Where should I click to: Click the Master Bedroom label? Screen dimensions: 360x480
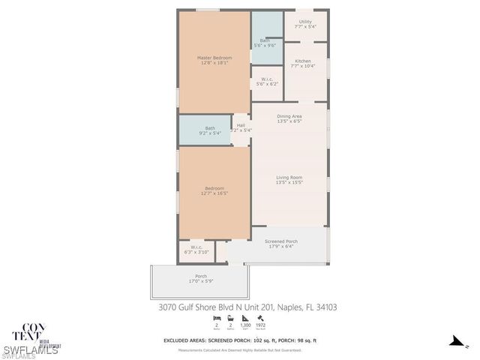point(214,60)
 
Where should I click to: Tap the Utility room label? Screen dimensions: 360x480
point(304,24)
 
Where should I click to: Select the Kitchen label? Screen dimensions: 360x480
point(303,63)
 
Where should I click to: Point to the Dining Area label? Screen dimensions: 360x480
point(289,118)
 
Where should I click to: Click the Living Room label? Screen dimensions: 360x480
point(289,179)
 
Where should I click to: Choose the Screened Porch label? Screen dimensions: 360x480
point(281,243)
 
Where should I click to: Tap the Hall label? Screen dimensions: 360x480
point(241,127)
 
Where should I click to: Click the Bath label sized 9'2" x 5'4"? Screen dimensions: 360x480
point(210,130)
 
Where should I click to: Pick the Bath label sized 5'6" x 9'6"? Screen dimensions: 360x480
point(268,43)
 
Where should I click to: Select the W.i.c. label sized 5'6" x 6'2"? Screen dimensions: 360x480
point(267,81)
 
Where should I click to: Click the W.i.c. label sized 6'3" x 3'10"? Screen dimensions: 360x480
point(196,249)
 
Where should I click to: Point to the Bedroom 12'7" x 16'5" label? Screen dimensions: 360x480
point(214,190)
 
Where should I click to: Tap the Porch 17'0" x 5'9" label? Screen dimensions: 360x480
point(201,278)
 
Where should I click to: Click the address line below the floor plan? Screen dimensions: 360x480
point(247,306)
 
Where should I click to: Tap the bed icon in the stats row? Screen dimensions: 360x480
point(217,319)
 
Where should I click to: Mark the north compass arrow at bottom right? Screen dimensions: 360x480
point(454,342)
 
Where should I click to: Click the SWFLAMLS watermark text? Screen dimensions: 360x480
point(30,350)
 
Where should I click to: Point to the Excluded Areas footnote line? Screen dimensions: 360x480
point(240,340)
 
